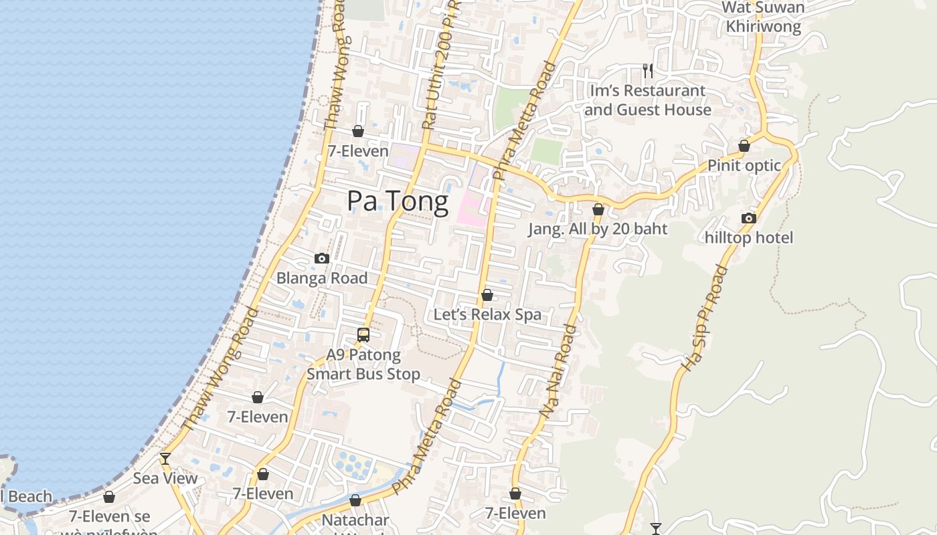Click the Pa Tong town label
coord(398,202)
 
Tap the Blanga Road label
coord(322,278)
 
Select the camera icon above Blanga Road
coord(322,259)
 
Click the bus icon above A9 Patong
coord(363,335)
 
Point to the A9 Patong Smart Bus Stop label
coord(363,364)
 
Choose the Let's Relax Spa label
coord(487,314)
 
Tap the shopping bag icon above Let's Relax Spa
coord(487,295)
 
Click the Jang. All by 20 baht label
coord(598,229)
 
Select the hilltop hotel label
coord(748,237)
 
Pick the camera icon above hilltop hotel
coord(749,218)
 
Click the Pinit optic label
coord(744,165)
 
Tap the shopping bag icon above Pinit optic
coord(744,146)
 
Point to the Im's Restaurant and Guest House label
coord(647,100)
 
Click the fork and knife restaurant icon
coord(647,70)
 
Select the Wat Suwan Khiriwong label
coord(764,17)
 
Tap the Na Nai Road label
coord(558,372)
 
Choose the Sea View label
coord(165,478)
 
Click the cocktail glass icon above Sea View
coord(165,459)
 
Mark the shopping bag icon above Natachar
coord(355,500)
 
